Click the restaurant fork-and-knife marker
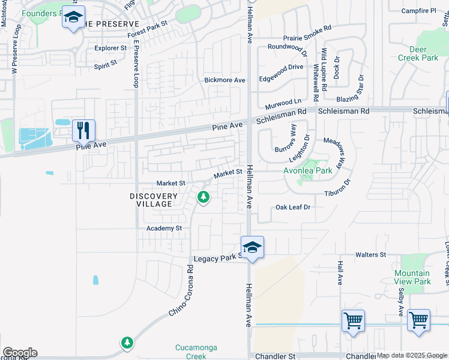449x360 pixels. (x=83, y=130)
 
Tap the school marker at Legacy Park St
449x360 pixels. (x=253, y=247)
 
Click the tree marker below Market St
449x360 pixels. (x=203, y=196)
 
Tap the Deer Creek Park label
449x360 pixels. (x=418, y=54)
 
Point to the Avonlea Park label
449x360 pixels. (x=308, y=170)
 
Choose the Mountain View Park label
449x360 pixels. (x=412, y=277)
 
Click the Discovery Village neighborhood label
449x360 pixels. (x=154, y=200)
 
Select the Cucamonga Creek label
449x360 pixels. (x=196, y=352)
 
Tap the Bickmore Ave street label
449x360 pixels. (x=225, y=80)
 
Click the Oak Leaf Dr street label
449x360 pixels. (x=292, y=207)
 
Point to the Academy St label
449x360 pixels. (x=164, y=229)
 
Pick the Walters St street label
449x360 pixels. (x=370, y=255)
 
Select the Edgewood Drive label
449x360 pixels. (x=281, y=67)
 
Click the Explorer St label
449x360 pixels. (x=111, y=47)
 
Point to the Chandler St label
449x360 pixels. (x=276, y=356)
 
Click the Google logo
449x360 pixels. (x=20, y=353)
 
